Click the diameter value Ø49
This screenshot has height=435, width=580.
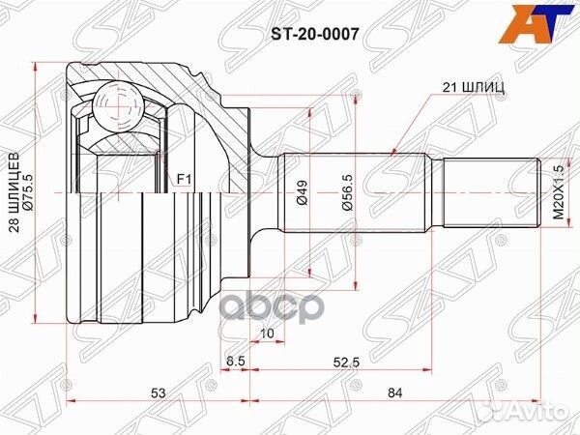301,192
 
